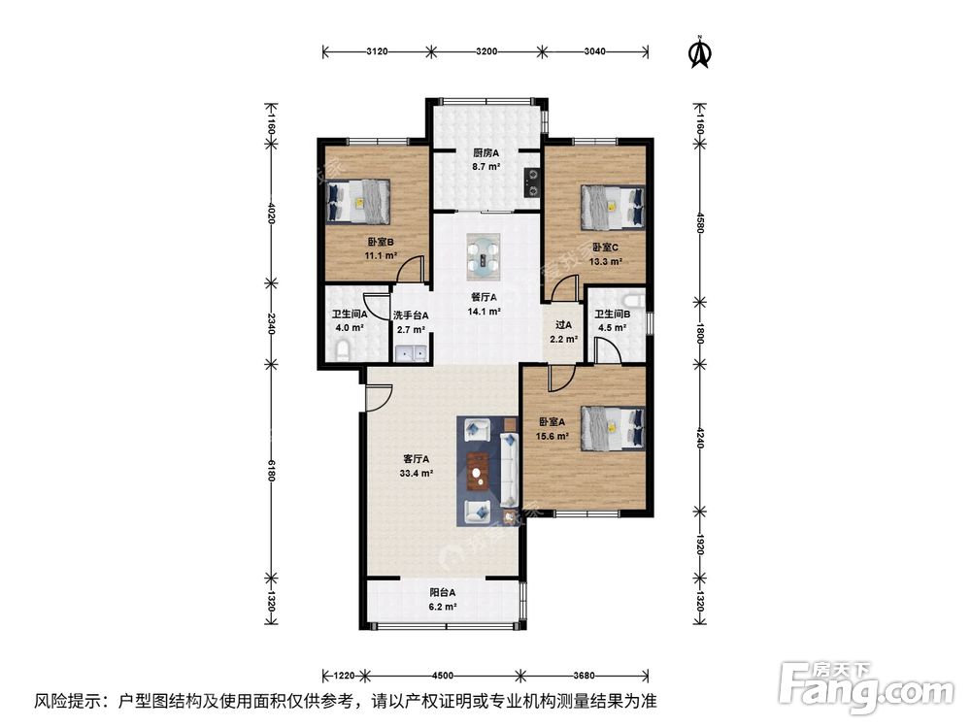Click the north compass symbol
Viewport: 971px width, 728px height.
(697, 52)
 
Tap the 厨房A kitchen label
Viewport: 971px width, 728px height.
(485, 153)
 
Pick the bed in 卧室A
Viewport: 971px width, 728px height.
(613, 428)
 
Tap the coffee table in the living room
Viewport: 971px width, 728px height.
(478, 472)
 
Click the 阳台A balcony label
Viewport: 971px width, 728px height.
(443, 592)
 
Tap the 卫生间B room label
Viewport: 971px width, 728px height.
(613, 314)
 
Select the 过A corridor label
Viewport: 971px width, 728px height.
(562, 326)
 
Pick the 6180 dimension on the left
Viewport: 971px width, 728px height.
(271, 473)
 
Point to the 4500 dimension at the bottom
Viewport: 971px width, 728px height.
(443, 676)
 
